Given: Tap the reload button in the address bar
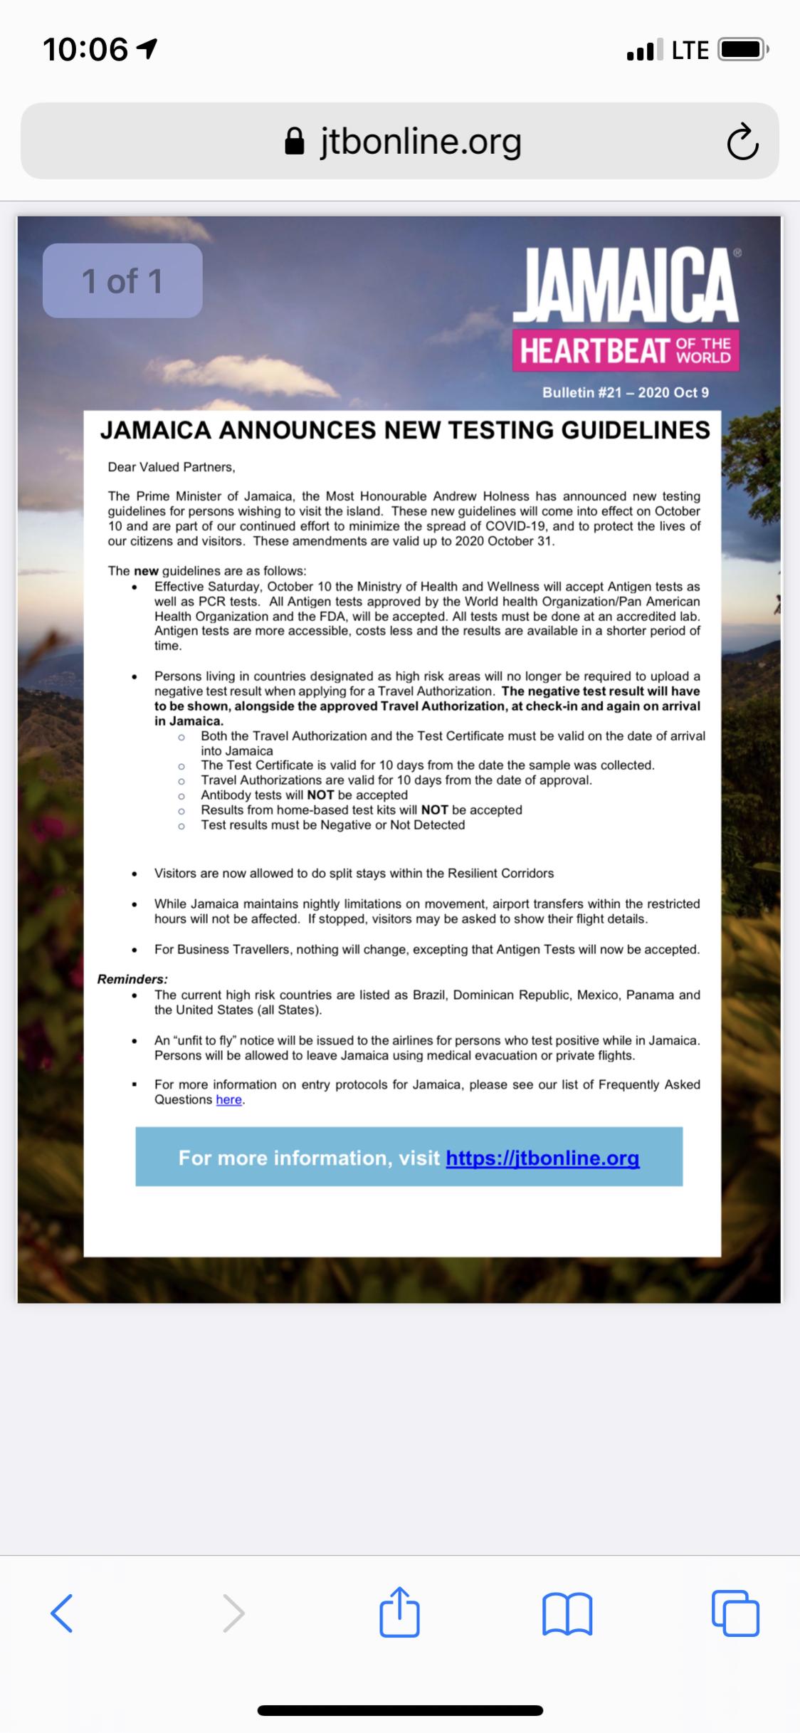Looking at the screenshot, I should pos(742,142).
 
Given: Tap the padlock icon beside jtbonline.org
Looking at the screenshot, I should pos(295,142).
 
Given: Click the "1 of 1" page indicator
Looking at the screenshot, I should pos(122,281).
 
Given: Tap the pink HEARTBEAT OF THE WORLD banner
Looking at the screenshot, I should pos(626,350).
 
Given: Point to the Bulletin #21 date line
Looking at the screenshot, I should pos(625,392).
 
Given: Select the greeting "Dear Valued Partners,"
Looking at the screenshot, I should pos(172,467).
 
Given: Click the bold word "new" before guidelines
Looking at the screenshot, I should pos(146,571).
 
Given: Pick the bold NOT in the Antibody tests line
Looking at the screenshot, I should pos(320,795).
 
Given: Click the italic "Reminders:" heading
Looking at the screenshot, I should pos(132,979).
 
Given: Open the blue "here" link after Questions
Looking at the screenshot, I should pos(228,1099).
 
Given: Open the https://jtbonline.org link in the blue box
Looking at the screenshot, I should pos(542,1158).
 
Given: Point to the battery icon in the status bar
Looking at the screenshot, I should pos(742,51).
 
